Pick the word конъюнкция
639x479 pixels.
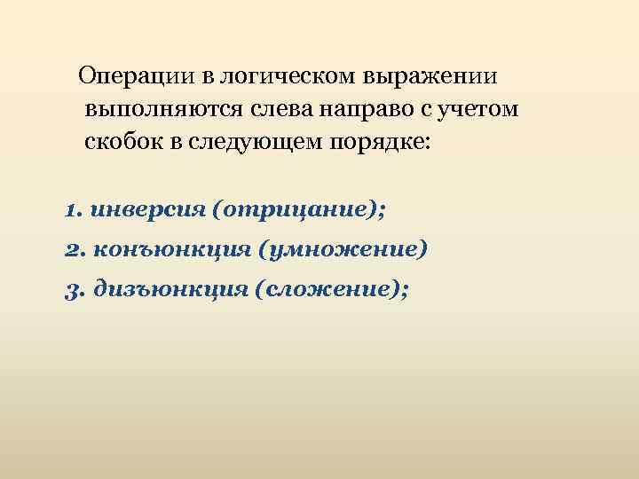[168, 250]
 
